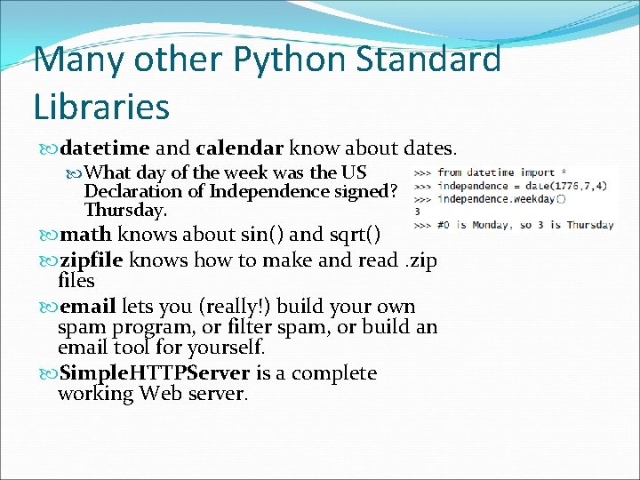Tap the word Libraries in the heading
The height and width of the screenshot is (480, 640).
tap(101, 106)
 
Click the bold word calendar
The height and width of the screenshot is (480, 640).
tap(239, 147)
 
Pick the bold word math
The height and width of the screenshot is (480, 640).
tap(85, 235)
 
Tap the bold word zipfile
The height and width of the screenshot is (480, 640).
tap(92, 260)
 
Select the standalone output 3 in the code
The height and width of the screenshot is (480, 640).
tap(418, 212)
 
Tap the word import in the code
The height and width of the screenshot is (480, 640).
tap(539, 172)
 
